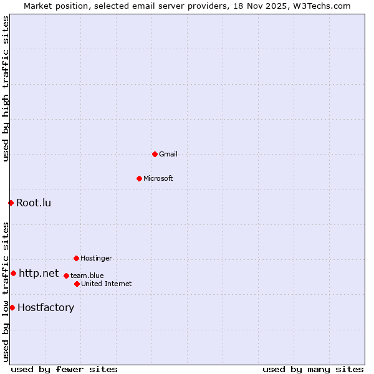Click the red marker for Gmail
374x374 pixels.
click(155, 154)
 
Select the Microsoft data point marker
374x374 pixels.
click(139, 178)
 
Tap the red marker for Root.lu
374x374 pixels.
click(11, 203)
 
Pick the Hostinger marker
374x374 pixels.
click(76, 258)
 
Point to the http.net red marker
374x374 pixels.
click(13, 273)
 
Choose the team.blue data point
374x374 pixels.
click(66, 276)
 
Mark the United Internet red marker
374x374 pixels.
click(77, 284)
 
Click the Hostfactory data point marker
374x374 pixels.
click(12, 307)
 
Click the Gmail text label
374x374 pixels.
click(168, 154)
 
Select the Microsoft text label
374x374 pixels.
click(158, 178)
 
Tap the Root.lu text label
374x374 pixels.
click(34, 203)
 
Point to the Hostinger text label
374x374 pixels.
click(96, 258)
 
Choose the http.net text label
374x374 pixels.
click(39, 273)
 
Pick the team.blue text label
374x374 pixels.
click(87, 276)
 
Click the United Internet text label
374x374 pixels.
click(107, 284)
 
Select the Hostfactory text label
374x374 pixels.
click(46, 307)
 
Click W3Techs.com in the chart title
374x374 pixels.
click(322, 6)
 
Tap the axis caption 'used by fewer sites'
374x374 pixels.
click(64, 369)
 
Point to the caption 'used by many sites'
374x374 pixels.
click(313, 369)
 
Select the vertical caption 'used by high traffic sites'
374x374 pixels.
click(6, 89)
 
